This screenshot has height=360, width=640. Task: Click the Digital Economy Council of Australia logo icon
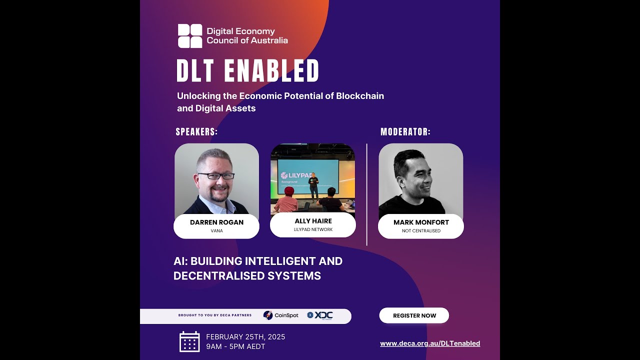(x=190, y=36)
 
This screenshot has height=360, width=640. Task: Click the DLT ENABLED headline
(x=247, y=71)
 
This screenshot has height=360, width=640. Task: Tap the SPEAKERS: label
(x=196, y=132)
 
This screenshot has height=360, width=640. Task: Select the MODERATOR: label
(x=405, y=132)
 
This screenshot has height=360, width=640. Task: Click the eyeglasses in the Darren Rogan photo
(x=216, y=176)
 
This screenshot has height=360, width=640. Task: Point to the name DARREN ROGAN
(x=216, y=222)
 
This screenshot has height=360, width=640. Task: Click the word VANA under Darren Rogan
(x=216, y=231)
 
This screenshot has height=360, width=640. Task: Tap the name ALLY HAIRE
(x=313, y=221)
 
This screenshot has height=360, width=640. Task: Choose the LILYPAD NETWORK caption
(x=313, y=230)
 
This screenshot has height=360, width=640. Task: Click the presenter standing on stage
(x=313, y=185)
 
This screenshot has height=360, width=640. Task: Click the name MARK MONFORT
(x=421, y=222)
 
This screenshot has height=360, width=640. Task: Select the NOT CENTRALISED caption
(x=421, y=231)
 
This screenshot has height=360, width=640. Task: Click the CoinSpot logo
(x=281, y=315)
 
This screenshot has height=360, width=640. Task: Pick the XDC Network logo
(x=320, y=315)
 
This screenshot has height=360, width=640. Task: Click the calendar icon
(x=189, y=341)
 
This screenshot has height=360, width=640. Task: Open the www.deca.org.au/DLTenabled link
(x=430, y=343)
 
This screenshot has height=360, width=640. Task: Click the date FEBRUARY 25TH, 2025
(x=245, y=337)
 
